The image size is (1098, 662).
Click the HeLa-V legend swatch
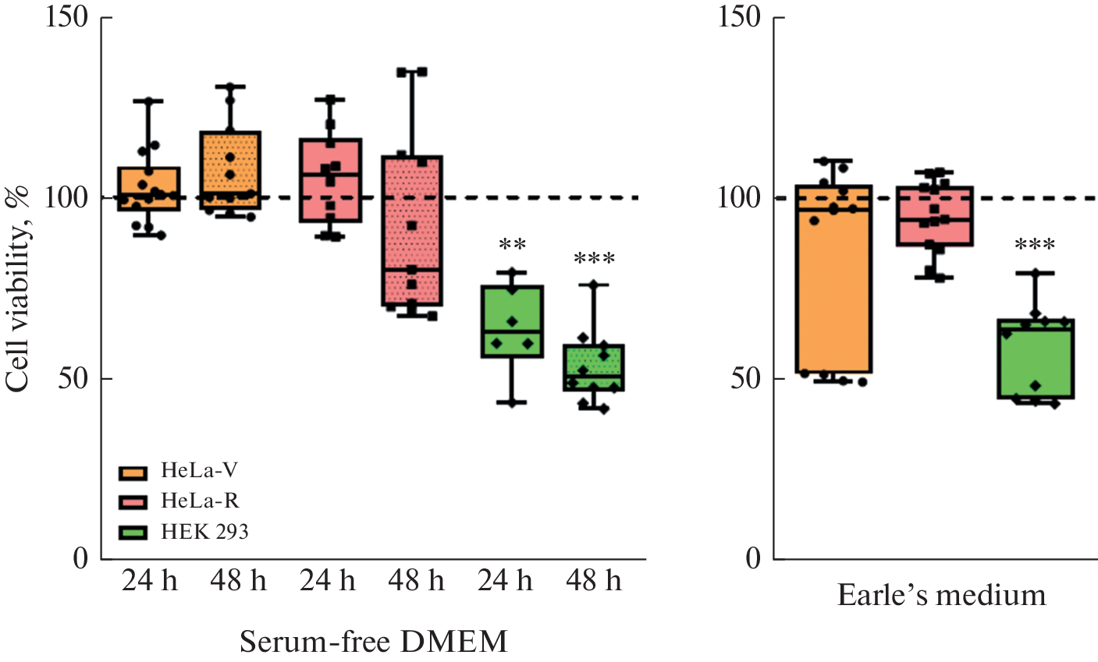coord(133,473)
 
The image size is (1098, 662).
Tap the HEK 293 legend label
coord(204,532)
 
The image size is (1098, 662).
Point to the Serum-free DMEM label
coord(373,642)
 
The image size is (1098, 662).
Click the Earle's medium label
coord(941,596)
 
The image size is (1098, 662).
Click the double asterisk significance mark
coord(512,246)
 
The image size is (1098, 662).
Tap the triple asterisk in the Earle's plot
coord(1035,246)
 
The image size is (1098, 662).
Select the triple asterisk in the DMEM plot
coord(594,259)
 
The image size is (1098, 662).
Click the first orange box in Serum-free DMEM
coord(149,189)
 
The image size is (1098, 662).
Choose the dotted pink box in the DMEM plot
coord(411,231)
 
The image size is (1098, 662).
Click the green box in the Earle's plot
coord(1036,359)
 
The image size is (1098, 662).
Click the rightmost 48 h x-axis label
coord(594,581)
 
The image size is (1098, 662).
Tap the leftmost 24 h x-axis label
coord(149,581)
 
